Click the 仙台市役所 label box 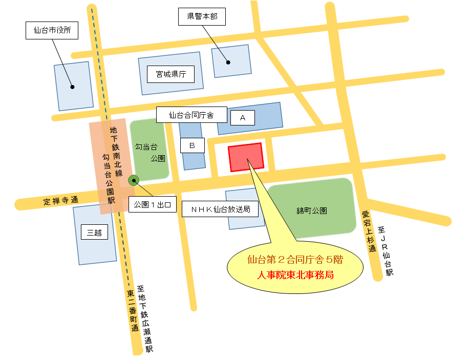pos(52,31)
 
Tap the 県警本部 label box pos(202,17)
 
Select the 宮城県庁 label pos(171,75)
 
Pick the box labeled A pos(243,118)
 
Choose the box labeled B pos(193,145)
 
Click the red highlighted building pos(246,157)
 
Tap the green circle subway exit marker pos(134,179)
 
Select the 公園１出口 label pos(152,205)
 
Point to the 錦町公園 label pos(311,210)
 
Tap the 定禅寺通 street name pos(61,201)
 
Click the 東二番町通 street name pos(132,311)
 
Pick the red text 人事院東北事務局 pos(295,274)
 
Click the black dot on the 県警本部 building pos(228,62)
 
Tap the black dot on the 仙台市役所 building pos(72,87)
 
